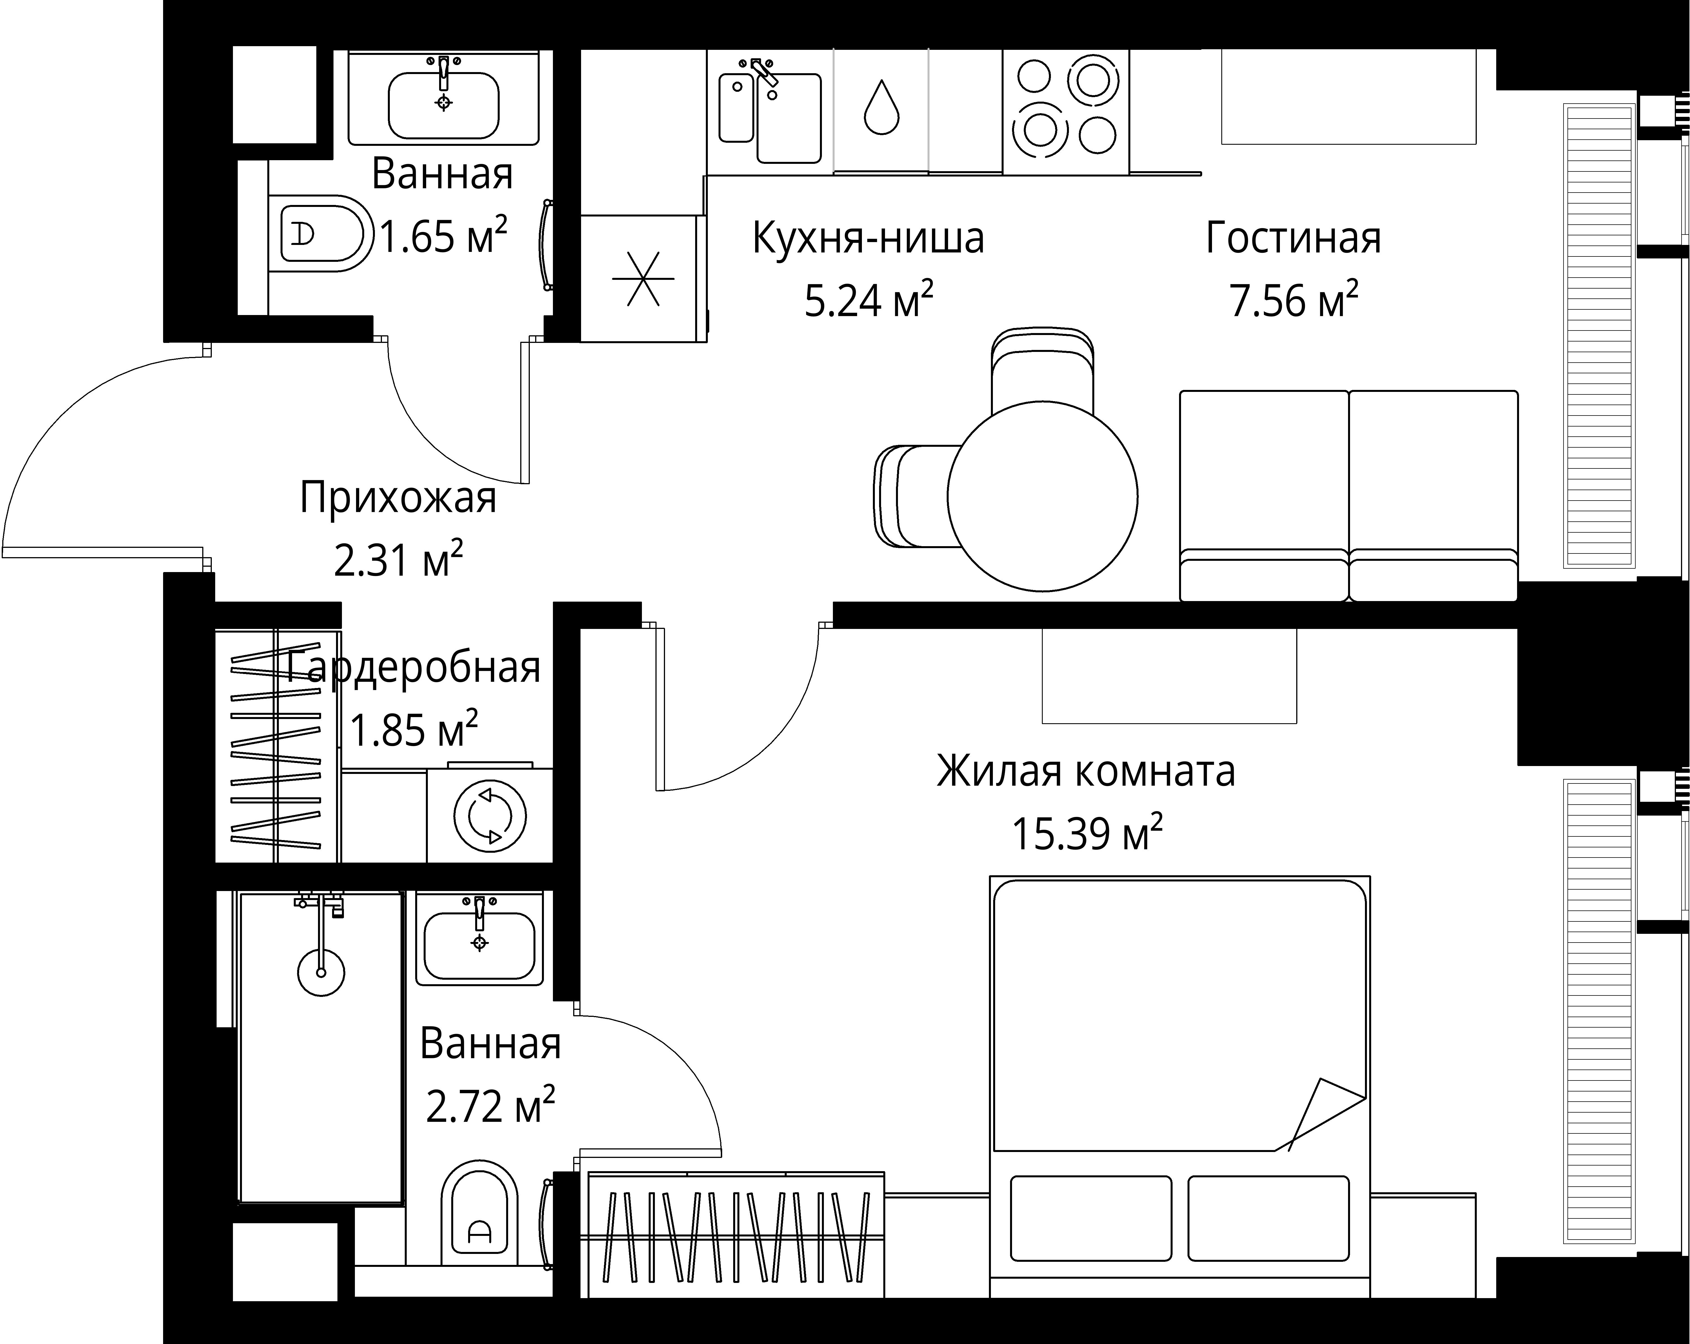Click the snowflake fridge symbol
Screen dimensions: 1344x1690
click(x=643, y=279)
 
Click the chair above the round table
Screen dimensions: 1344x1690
click(x=1042, y=368)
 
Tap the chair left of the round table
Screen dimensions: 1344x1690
click(x=913, y=496)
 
